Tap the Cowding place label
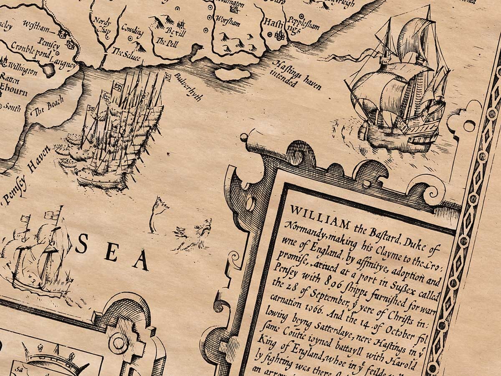coord(132,30)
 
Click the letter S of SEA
coord(81,244)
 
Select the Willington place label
coord(23,69)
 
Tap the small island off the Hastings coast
coord(233,74)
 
